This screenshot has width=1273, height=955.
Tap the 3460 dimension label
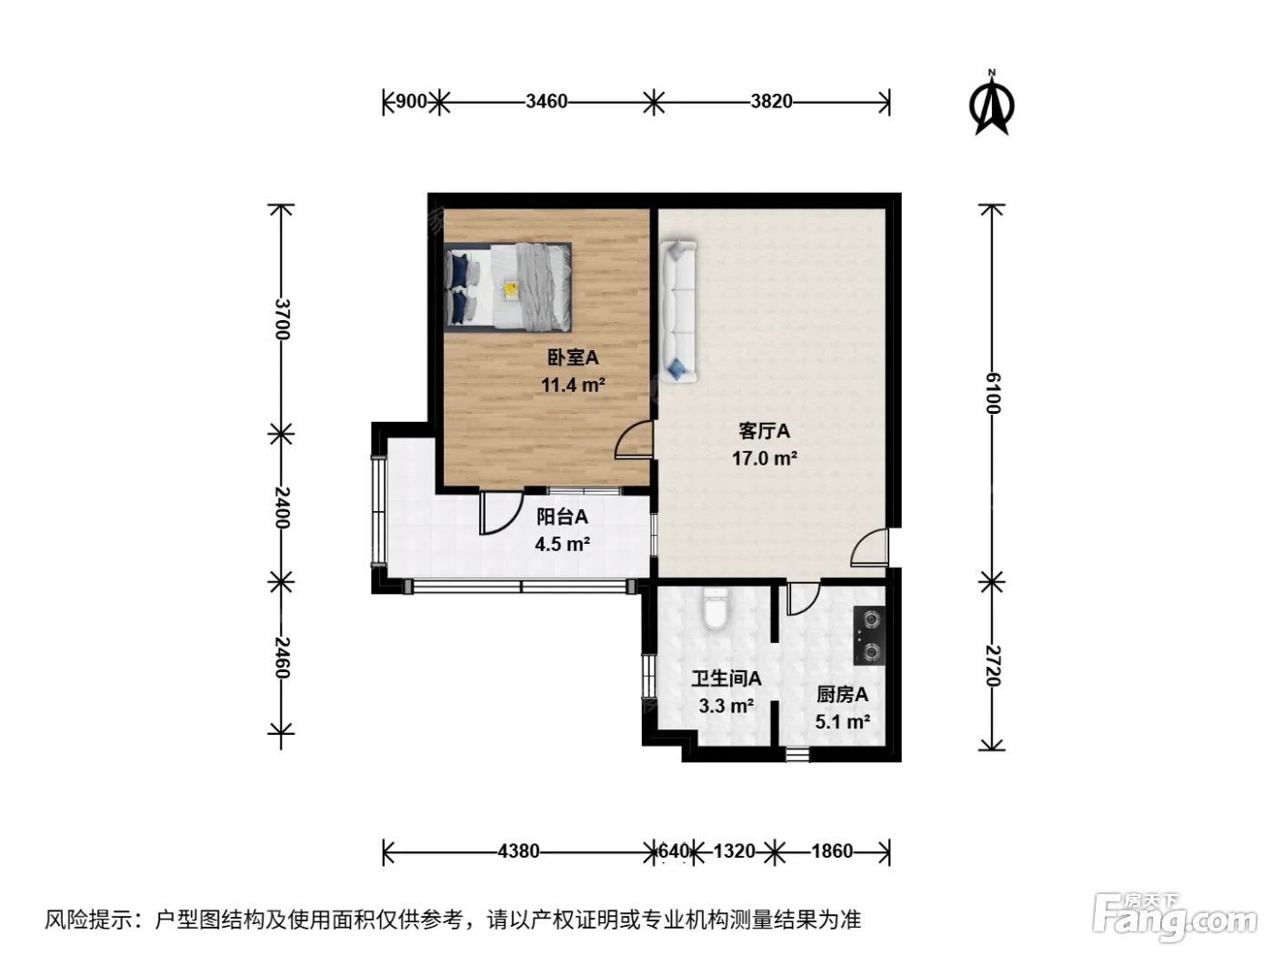coord(546,102)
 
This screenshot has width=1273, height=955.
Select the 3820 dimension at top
coord(771,102)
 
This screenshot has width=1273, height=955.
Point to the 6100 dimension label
coord(993,393)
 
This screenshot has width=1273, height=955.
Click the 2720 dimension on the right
coord(993,665)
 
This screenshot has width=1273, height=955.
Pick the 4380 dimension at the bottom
coord(518,851)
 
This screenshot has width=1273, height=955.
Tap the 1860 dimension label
coord(832,851)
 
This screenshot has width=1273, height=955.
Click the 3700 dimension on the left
coord(282,319)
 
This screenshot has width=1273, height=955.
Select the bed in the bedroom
coord(507,287)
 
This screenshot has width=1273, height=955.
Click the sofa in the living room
coord(678,312)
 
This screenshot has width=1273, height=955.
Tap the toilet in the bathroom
coord(714,608)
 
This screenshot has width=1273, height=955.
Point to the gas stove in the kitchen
coord(869,636)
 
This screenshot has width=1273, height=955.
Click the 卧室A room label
coord(573,357)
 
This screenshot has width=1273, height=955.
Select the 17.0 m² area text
coord(764,458)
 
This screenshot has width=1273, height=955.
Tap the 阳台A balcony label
coord(562,516)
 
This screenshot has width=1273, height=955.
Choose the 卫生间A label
coord(727,679)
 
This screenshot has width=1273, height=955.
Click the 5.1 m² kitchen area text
coord(842,721)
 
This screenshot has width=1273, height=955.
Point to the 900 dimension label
coord(411,102)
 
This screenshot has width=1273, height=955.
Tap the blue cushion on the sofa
coord(677,368)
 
